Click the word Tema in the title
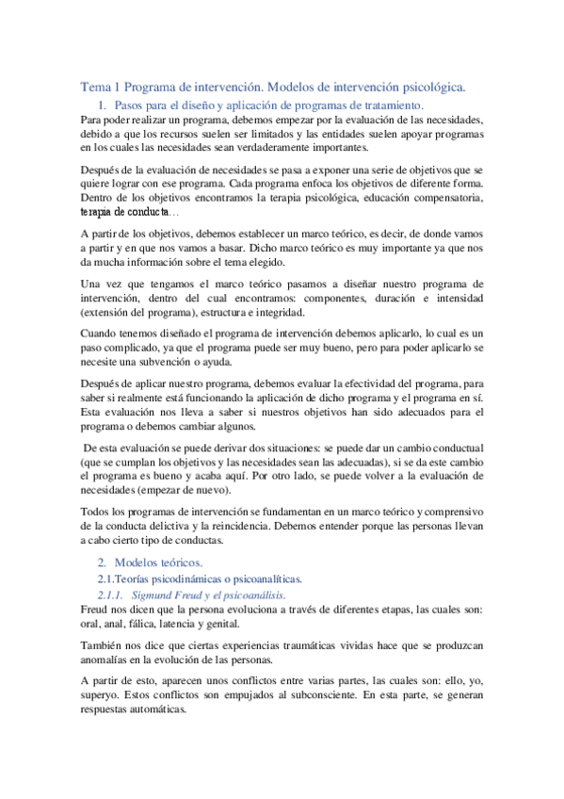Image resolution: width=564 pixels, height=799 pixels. pyautogui.click(x=94, y=87)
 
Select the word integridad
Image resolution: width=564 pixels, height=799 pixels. pyautogui.click(x=280, y=312)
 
